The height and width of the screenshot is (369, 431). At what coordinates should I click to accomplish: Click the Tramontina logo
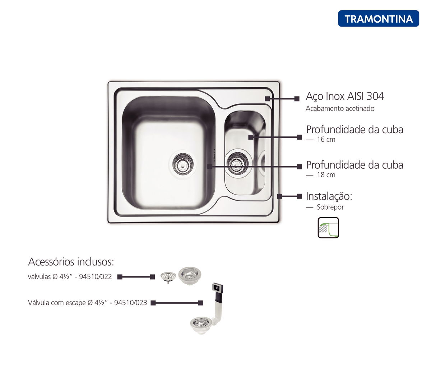378,18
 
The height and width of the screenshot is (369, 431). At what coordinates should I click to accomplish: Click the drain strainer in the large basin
183,164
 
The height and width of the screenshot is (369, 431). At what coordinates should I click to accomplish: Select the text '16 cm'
326,139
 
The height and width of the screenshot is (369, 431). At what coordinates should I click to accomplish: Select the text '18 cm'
326,175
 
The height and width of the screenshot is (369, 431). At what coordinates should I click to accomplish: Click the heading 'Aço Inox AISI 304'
345,96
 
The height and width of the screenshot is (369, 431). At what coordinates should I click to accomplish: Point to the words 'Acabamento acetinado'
340,108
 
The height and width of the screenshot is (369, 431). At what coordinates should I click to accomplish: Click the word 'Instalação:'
329,196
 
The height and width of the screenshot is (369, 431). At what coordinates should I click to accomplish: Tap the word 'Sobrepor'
330,207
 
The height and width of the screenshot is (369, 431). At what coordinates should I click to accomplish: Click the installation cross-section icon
328,228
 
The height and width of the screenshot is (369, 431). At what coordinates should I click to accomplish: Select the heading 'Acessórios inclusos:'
71,262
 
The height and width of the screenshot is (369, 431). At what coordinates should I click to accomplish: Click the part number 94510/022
96,277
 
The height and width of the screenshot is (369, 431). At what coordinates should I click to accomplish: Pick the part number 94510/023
130,303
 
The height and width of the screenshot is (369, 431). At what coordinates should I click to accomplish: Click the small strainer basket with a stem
168,277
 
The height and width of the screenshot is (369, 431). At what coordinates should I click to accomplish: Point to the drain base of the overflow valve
200,326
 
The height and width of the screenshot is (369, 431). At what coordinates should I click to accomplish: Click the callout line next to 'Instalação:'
289,196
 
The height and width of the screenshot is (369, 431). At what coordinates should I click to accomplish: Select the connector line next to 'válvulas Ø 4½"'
136,277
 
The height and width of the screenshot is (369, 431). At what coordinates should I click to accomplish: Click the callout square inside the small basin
251,137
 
